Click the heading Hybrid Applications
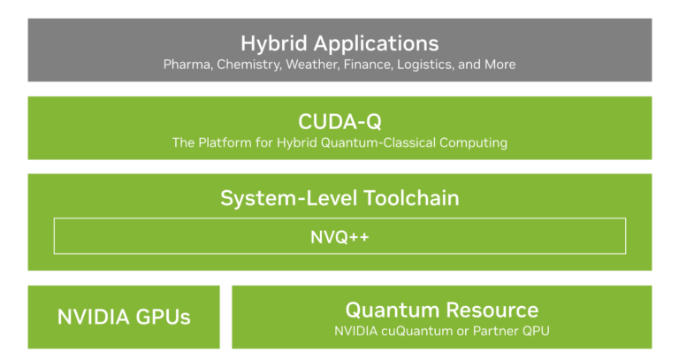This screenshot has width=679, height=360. click(339, 42)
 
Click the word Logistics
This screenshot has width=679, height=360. click(426, 65)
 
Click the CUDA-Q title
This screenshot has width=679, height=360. click(339, 120)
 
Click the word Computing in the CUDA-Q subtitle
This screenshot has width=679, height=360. click(477, 142)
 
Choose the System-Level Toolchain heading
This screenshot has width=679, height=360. click(339, 197)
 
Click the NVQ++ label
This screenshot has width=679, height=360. click(339, 236)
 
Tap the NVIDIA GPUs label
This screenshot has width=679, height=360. click(124, 317)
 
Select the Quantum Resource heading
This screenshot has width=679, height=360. click(441, 310)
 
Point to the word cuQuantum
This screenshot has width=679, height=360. click(416, 332)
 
